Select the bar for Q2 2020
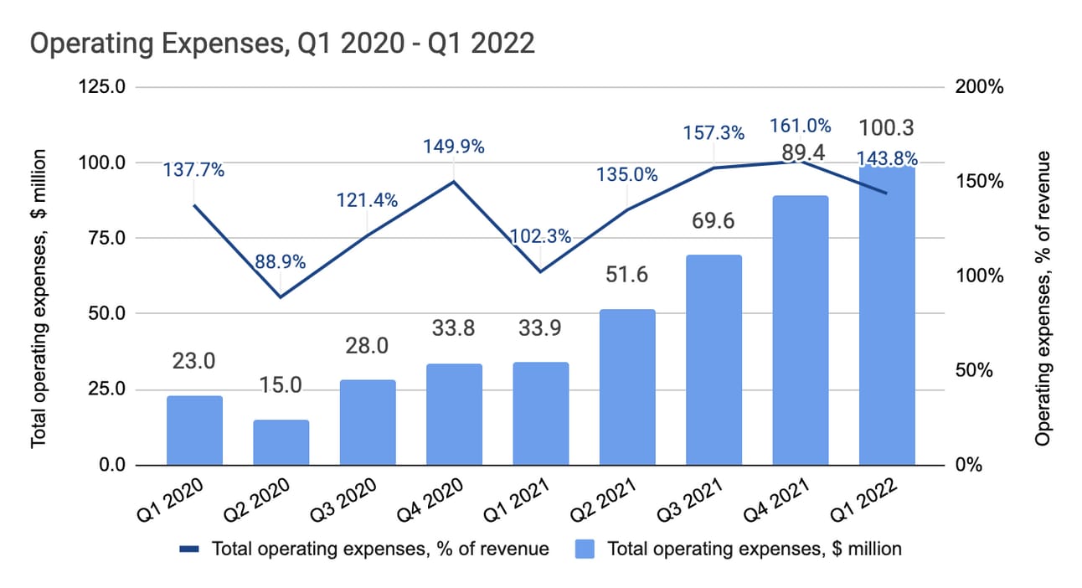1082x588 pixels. click(281, 442)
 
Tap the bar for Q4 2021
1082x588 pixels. click(801, 331)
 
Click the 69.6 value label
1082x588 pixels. click(714, 224)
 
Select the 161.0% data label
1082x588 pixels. click(801, 126)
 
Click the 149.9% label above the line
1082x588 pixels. click(454, 147)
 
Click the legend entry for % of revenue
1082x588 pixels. click(363, 549)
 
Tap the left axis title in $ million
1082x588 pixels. click(39, 299)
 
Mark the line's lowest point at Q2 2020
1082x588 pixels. click(281, 297)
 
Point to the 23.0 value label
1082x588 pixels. click(194, 361)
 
